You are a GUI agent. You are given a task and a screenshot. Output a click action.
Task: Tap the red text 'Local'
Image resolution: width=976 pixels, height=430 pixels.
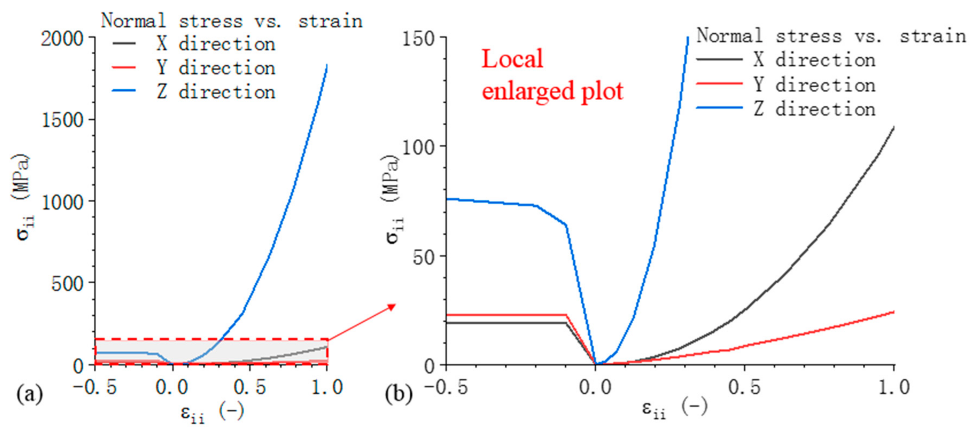(512, 59)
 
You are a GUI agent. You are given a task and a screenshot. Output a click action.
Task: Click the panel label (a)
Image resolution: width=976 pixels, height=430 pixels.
(29, 394)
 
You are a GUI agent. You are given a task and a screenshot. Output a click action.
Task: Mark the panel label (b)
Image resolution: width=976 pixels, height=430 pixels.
(398, 394)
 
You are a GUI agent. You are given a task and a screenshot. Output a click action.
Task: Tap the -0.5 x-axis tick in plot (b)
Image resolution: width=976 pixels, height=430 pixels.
(446, 387)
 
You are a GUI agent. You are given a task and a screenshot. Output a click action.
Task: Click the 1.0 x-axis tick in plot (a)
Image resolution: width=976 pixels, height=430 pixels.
(327, 387)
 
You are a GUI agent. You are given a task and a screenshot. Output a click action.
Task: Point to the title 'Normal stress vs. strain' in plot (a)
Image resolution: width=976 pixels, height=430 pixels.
(231, 21)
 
